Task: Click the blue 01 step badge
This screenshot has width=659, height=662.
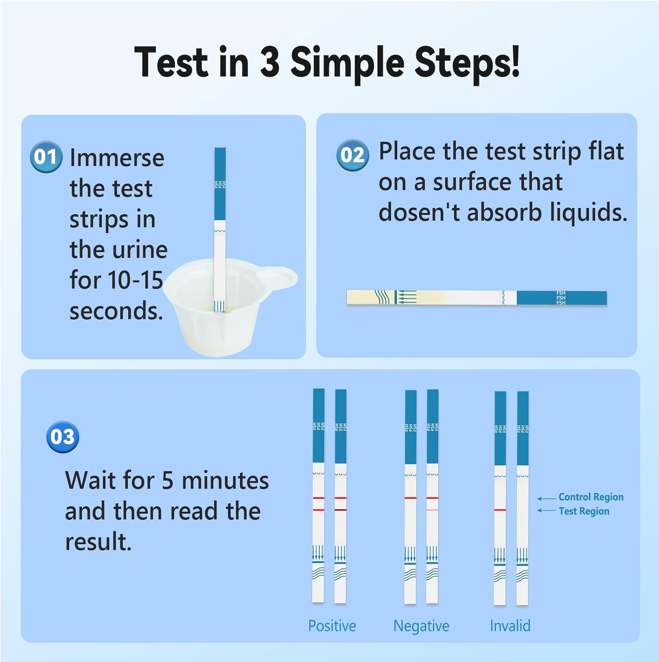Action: tap(46, 157)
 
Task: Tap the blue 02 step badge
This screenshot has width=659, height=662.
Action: tap(352, 154)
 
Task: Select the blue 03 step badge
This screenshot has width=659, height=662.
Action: tap(63, 436)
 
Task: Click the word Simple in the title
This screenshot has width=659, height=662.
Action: tap(347, 63)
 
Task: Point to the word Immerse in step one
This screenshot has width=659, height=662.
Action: tap(117, 158)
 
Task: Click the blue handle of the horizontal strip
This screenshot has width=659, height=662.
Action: tap(562, 298)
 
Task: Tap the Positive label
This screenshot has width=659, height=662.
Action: tap(332, 625)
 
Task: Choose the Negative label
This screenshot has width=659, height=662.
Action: tap(421, 625)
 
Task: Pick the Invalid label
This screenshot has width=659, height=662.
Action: tap(510, 625)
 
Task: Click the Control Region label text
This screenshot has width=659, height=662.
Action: tap(591, 497)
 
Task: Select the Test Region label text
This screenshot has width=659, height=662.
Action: tap(584, 511)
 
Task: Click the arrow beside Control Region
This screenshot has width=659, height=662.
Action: tap(546, 499)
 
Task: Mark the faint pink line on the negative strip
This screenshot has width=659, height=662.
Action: tap(432, 510)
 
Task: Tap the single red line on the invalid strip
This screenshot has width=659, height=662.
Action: tap(500, 510)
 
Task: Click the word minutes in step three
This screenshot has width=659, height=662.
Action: tap(225, 481)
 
